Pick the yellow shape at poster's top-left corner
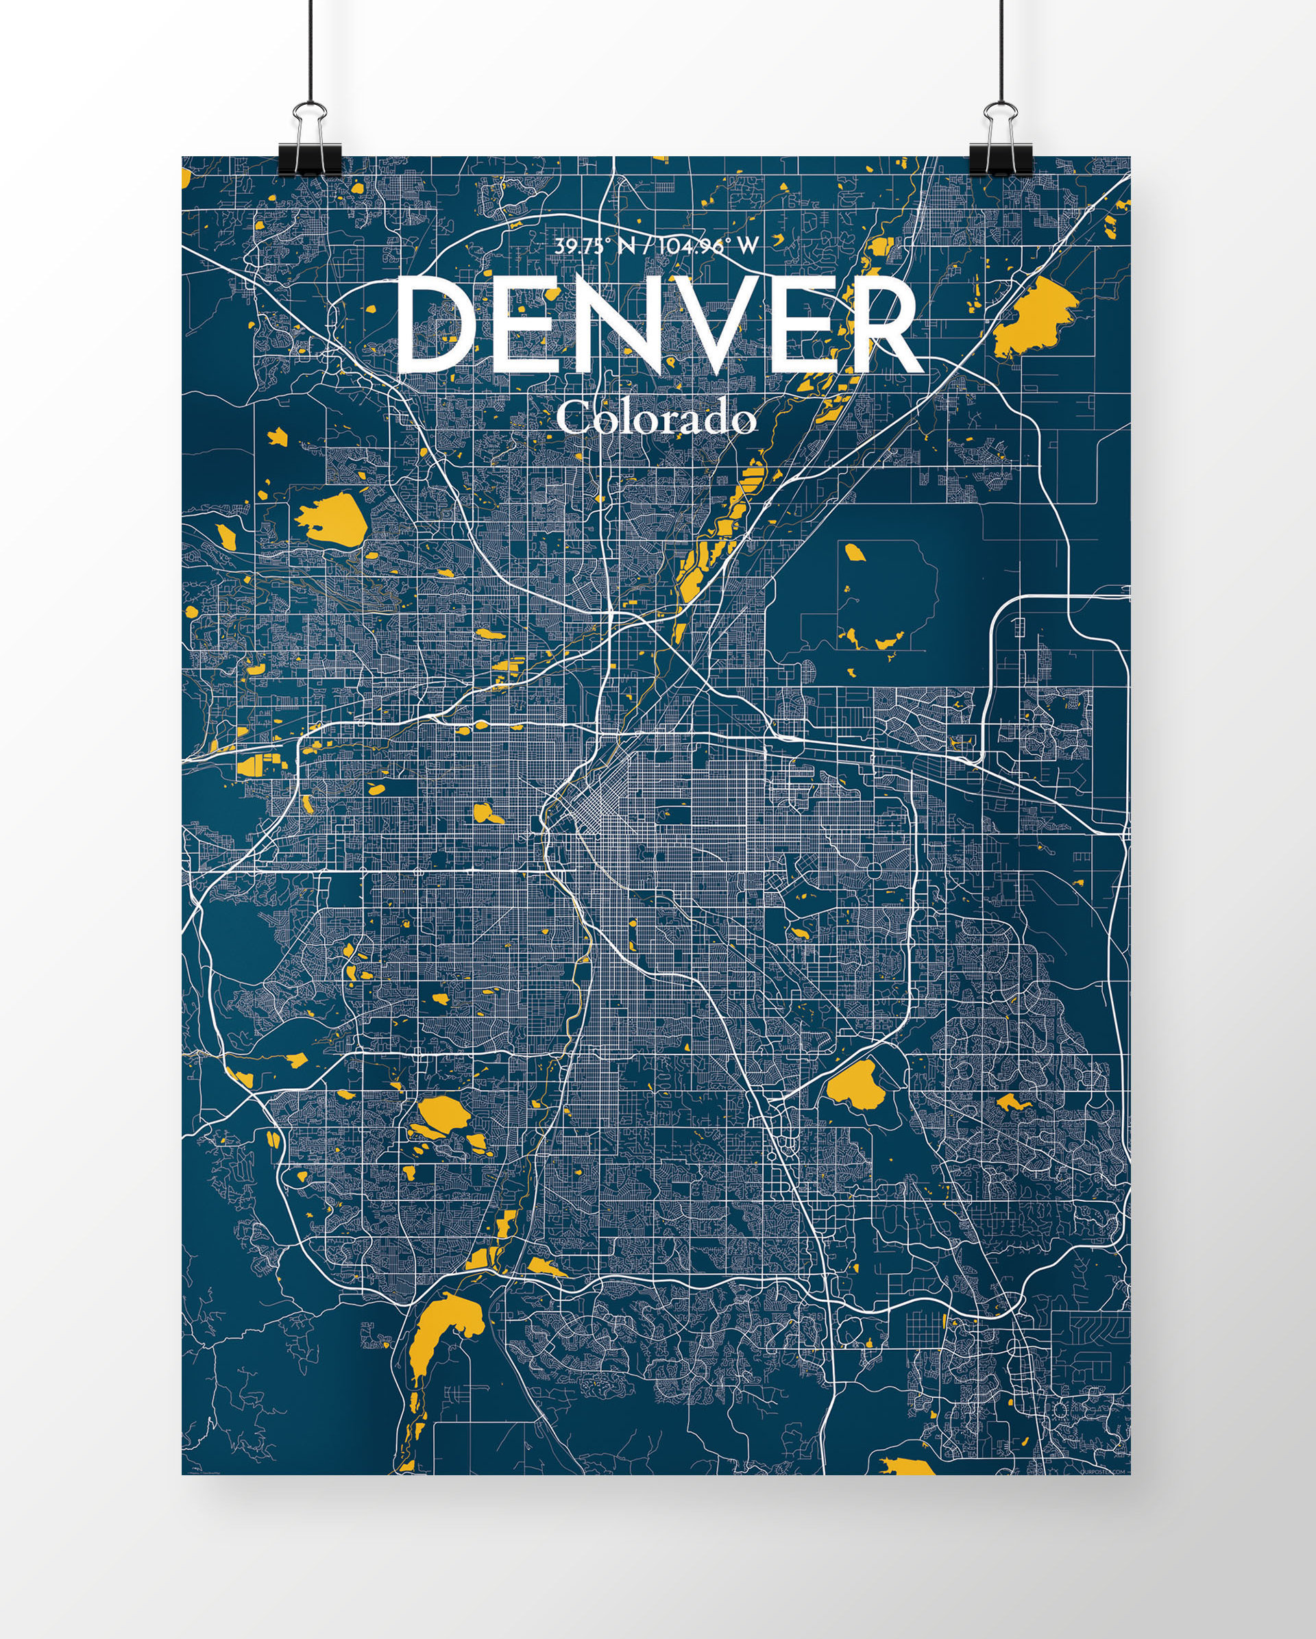coord(186,175)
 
